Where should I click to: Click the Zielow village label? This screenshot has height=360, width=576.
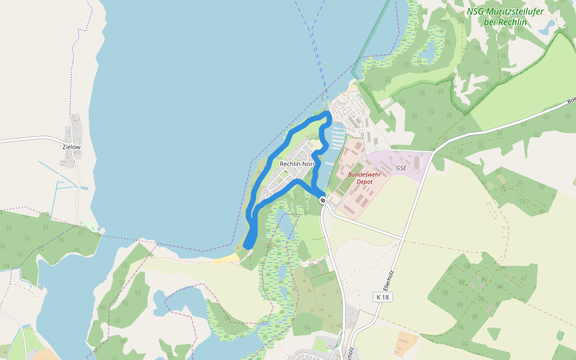[71, 146]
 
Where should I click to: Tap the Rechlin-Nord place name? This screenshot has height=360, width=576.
[298, 164]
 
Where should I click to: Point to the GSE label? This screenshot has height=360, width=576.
[401, 169]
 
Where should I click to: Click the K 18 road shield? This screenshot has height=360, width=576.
[382, 297]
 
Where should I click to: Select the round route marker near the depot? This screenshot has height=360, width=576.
[323, 200]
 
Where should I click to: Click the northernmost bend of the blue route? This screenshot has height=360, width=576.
[327, 113]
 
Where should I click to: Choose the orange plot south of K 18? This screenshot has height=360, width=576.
[406, 343]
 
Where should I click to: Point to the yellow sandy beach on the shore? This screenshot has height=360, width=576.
[227, 258]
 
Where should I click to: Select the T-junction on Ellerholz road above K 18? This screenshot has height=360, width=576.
[401, 239]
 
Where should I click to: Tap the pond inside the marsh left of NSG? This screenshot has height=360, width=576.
[428, 53]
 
